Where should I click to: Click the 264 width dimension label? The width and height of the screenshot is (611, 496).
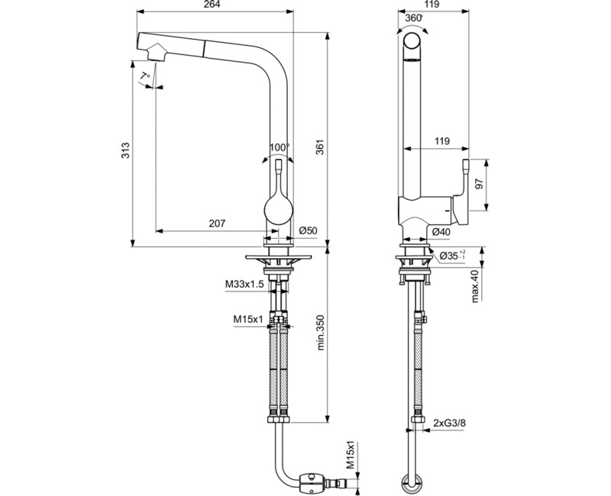[x=212, y=5]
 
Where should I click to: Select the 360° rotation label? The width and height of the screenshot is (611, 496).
[x=414, y=18]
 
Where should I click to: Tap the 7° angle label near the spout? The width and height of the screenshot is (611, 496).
[x=145, y=76]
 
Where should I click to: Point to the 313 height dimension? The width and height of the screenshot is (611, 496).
[x=125, y=150]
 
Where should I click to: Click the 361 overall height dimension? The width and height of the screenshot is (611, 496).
[x=320, y=147]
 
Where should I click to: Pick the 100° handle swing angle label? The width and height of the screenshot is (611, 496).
[x=280, y=147]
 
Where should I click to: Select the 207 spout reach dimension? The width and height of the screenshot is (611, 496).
[x=217, y=224]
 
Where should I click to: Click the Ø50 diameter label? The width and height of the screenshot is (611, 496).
[x=309, y=231]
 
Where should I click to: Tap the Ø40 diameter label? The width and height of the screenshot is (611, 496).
[x=441, y=232]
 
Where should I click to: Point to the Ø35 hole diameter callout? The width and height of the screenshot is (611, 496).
[x=452, y=256]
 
